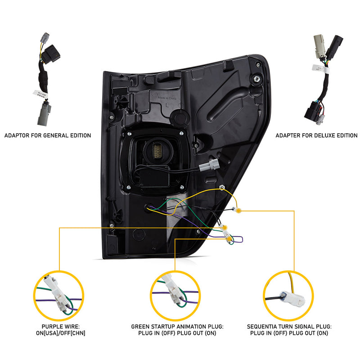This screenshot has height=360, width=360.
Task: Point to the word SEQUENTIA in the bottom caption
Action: coord(262,327)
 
